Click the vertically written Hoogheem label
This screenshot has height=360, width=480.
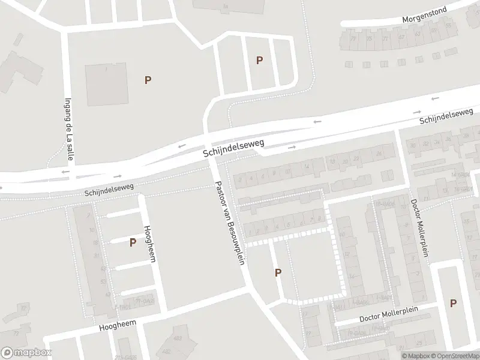[148, 242]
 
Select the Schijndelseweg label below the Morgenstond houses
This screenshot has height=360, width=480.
[447, 116]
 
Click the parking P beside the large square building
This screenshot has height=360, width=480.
[148, 80]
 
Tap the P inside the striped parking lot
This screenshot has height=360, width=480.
[259, 60]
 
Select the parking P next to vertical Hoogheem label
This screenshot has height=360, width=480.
[132, 242]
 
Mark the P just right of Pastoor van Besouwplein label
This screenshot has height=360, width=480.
[278, 273]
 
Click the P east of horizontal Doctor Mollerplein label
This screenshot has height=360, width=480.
[454, 304]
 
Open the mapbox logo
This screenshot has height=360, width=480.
[26, 353]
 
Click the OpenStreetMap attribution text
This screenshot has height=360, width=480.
[454, 356]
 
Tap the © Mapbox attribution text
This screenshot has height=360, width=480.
[415, 356]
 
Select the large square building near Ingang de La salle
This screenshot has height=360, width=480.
[106, 86]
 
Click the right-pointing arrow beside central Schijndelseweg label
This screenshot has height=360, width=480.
[292, 147]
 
